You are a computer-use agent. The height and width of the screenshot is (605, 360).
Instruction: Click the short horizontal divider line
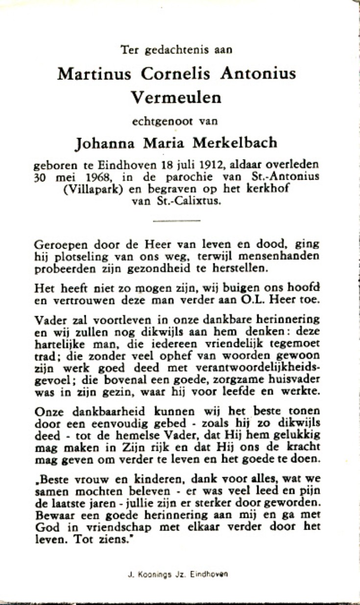176,221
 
